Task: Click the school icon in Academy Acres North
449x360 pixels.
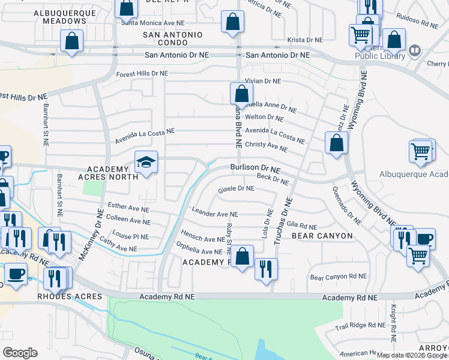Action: click(x=146, y=162)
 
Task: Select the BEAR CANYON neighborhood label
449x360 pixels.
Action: click(x=322, y=236)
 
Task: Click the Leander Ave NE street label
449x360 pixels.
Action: click(x=215, y=213)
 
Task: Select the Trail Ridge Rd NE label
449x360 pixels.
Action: click(x=360, y=325)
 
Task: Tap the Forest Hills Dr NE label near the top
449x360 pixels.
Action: click(x=142, y=74)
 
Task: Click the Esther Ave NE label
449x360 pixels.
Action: click(x=127, y=206)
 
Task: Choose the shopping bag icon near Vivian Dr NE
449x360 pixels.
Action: click(x=241, y=94)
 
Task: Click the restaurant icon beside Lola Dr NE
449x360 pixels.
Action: click(x=266, y=267)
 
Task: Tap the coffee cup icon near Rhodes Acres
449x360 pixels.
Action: click(x=16, y=273)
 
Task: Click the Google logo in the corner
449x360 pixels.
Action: click(x=20, y=353)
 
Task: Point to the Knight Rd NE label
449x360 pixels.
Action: click(x=393, y=324)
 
